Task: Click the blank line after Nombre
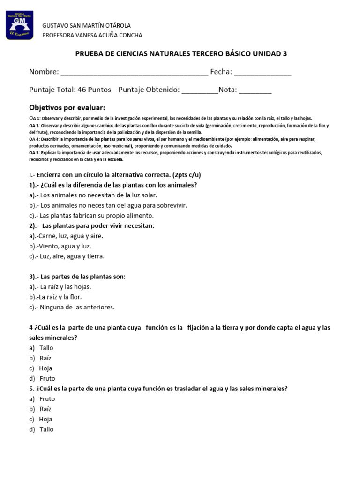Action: pyautogui.click(x=135, y=72)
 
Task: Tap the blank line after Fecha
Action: pyautogui.click(x=262, y=72)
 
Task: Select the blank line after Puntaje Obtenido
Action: pyautogui.click(x=200, y=90)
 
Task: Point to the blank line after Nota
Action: pyautogui.click(x=255, y=90)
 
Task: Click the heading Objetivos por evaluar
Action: pyautogui.click(x=67, y=107)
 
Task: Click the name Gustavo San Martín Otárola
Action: pyautogui.click(x=87, y=25)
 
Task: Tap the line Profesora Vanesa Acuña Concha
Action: pyautogui.click(x=92, y=35)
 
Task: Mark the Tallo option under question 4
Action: pyautogui.click(x=46, y=348)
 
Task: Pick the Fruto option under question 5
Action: pyautogui.click(x=47, y=399)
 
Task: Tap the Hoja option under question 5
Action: pyautogui.click(x=45, y=419)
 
